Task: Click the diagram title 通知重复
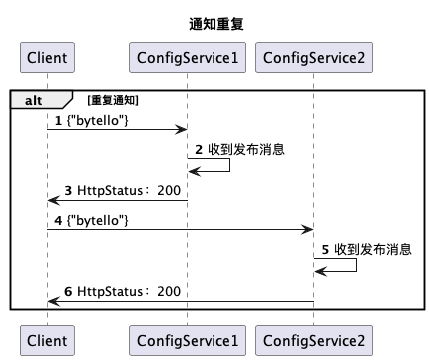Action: tap(215, 23)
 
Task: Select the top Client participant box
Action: tap(47, 58)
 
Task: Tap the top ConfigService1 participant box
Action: tap(187, 58)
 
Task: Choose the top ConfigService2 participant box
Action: tap(313, 58)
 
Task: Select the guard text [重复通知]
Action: tap(113, 100)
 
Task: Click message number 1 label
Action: tap(58, 120)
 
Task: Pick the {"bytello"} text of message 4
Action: tap(101, 219)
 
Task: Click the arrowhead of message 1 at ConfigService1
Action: tap(183, 129)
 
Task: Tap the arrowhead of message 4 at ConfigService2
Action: tap(309, 229)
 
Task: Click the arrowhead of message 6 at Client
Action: tap(52, 301)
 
